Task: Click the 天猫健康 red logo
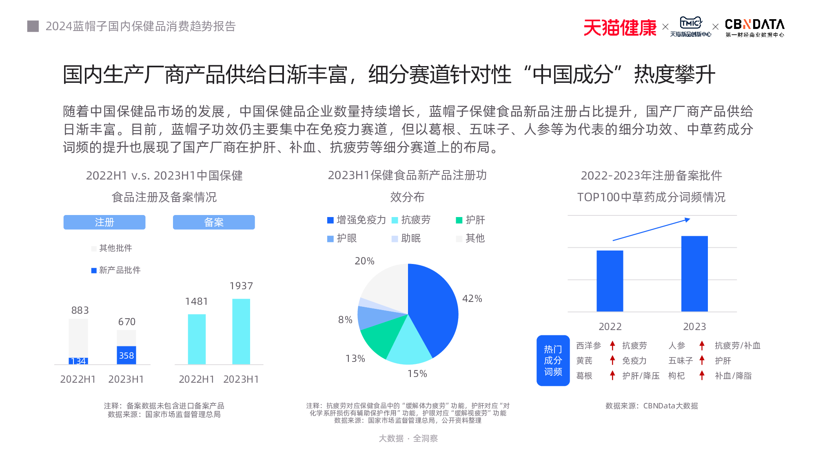619,28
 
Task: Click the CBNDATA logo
754,27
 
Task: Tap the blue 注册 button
104,222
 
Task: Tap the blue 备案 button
214,222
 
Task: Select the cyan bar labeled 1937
241,331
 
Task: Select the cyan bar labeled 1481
197,339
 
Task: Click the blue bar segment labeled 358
126,355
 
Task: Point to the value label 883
80,310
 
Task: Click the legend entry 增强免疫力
357,220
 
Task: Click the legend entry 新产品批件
116,270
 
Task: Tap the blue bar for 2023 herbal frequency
694,273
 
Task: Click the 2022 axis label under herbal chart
610,326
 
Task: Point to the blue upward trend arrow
651,230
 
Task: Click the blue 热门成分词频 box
553,360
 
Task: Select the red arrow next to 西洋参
612,346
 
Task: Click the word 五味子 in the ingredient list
681,361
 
